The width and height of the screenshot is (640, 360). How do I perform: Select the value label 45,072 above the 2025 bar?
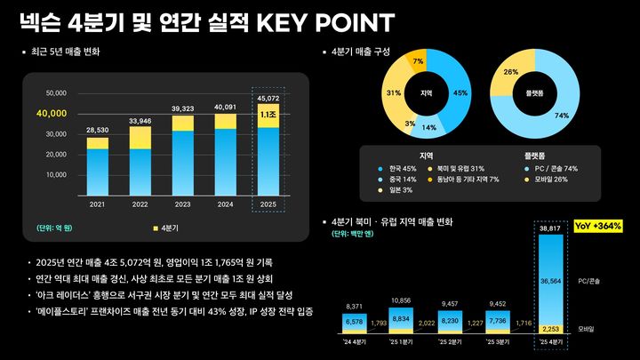pyautogui.click(x=268, y=99)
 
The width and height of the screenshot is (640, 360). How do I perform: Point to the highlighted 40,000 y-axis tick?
pyautogui.click(x=52, y=114)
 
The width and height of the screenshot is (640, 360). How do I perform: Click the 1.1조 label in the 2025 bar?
pyautogui.click(x=268, y=115)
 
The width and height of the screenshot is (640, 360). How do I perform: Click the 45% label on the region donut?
pyautogui.click(x=460, y=92)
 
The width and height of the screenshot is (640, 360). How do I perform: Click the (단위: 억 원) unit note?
pyautogui.click(x=55, y=228)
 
